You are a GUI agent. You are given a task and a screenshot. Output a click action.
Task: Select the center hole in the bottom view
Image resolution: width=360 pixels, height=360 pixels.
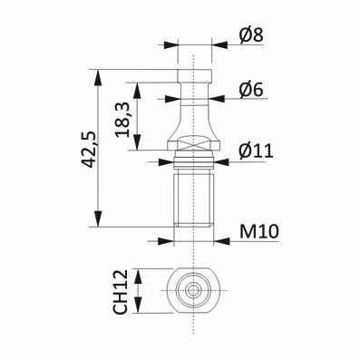point(196,291)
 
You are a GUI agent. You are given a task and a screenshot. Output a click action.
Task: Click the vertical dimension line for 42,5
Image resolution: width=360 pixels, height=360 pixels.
point(96,147)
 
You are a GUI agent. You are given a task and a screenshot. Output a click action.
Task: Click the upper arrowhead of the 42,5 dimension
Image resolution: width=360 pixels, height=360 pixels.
point(96,72)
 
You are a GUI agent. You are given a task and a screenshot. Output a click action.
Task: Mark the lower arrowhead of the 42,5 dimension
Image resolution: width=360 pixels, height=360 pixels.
point(96,222)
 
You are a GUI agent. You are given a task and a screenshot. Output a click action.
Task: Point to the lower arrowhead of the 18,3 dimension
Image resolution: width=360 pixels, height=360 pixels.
point(139,147)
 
